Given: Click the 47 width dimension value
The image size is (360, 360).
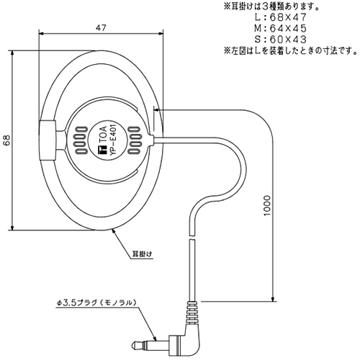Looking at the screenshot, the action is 101,28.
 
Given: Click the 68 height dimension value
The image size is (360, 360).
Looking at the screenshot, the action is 6,140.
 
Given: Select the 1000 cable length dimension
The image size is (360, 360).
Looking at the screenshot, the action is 266,205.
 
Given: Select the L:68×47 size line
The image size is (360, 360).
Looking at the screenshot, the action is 281,17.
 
